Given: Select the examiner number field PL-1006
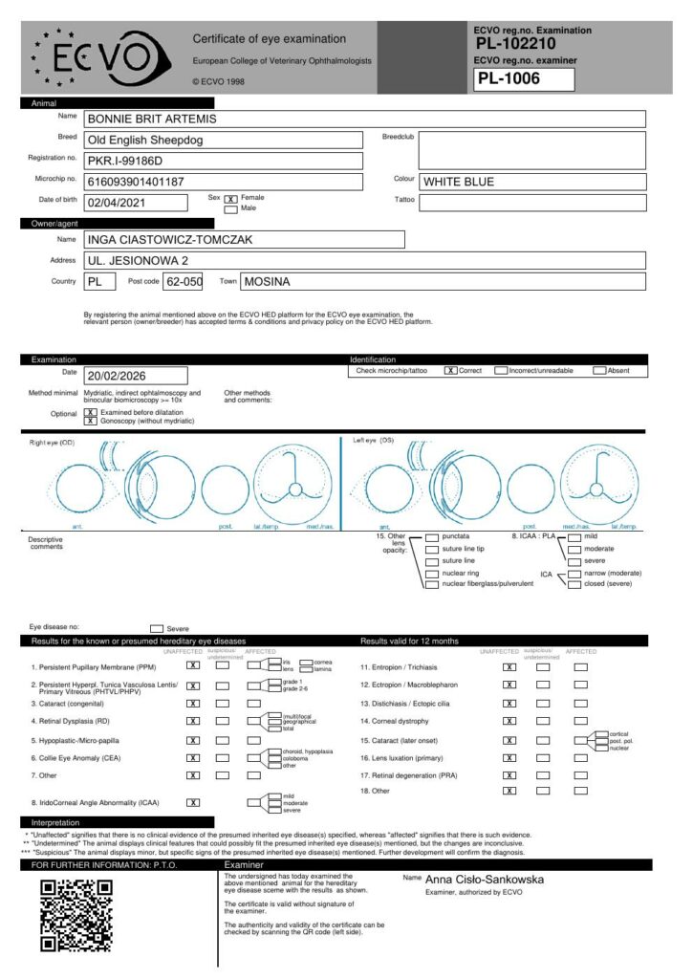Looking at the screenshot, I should (524, 79).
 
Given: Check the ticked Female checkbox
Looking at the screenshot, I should (230, 199).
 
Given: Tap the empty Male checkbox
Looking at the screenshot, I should (230, 208).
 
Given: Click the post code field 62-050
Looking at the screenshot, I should (184, 281).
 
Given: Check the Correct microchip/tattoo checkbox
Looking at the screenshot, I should (450, 370).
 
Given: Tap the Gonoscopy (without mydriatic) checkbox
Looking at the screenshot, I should (91, 421).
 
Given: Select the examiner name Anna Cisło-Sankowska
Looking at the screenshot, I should (486, 879).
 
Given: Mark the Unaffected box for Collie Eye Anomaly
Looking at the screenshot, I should (193, 757).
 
